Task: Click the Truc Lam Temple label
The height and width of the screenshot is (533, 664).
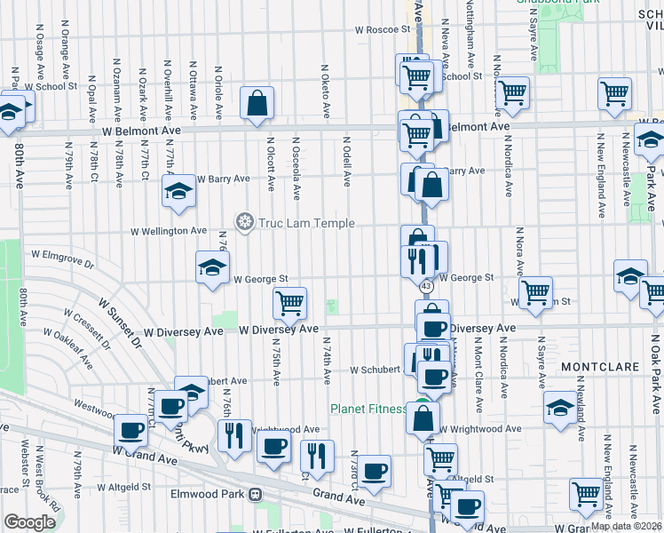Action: point(305,224)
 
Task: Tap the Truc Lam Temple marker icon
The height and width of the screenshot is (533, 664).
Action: point(242,220)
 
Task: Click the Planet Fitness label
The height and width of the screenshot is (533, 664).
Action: point(369,410)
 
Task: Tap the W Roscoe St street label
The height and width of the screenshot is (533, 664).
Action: point(381,29)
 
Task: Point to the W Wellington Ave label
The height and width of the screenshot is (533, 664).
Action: point(169,231)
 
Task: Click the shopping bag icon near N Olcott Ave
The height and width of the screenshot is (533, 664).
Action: point(257,103)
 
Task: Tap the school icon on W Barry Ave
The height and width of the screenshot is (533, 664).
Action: point(178,191)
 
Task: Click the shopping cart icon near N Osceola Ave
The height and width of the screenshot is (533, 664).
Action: point(289,304)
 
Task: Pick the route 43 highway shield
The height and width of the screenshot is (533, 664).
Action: point(427,285)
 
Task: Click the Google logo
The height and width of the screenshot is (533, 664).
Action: point(29,522)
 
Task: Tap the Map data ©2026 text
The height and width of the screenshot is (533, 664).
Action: point(626,526)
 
